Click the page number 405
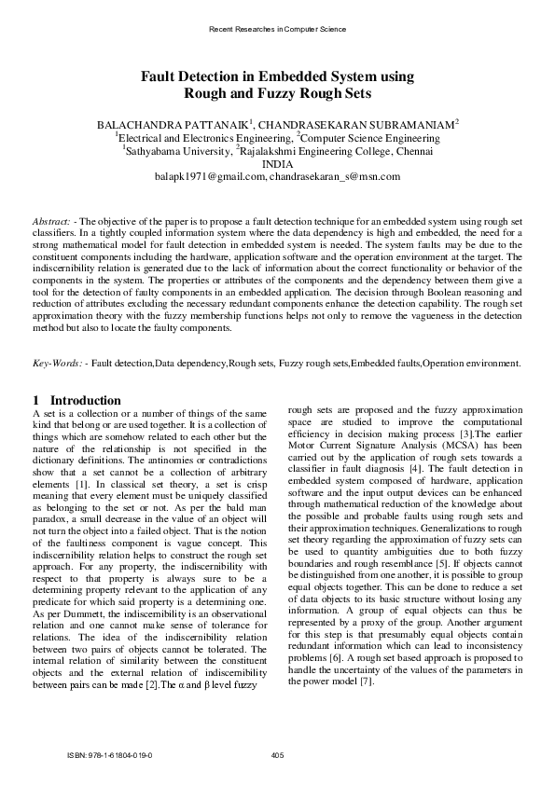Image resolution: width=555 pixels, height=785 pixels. pyautogui.click(x=277, y=754)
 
